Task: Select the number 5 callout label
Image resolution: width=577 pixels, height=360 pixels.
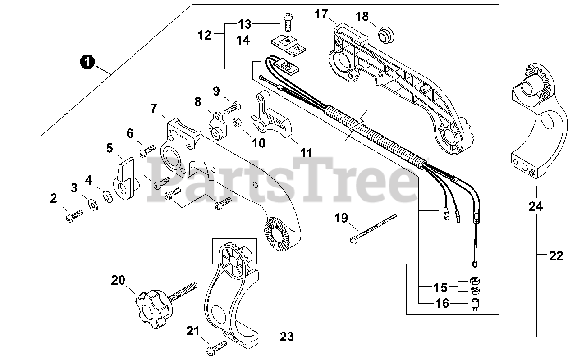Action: pyautogui.click(x=110, y=148)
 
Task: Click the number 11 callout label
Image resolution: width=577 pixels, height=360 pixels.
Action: pyautogui.click(x=307, y=153)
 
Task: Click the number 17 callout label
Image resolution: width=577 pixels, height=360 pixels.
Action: pyautogui.click(x=321, y=14)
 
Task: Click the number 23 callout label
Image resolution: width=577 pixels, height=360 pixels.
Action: pyautogui.click(x=287, y=336)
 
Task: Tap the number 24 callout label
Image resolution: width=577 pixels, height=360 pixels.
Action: pyautogui.click(x=536, y=207)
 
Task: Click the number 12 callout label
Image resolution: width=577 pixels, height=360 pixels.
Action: pyautogui.click(x=204, y=35)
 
